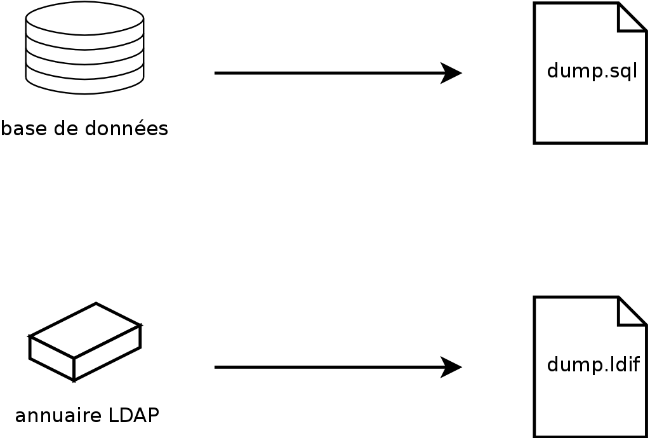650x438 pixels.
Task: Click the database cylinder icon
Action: pyautogui.click(x=84, y=48)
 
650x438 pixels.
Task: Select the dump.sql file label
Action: pyautogui.click(x=592, y=71)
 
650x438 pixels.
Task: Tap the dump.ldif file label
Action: pyautogui.click(x=593, y=365)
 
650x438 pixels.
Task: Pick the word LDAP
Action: pyautogui.click(x=133, y=416)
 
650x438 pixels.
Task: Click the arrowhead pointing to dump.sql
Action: pyautogui.click(x=451, y=73)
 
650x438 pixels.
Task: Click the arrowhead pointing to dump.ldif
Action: pyautogui.click(x=451, y=367)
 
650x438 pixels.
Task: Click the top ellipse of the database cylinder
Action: pyautogui.click(x=84, y=18)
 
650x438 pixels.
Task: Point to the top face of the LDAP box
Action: pyautogui.click(x=85, y=330)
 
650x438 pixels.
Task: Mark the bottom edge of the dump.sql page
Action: pyautogui.click(x=590, y=143)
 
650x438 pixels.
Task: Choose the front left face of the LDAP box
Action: pyautogui.click(x=52, y=357)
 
